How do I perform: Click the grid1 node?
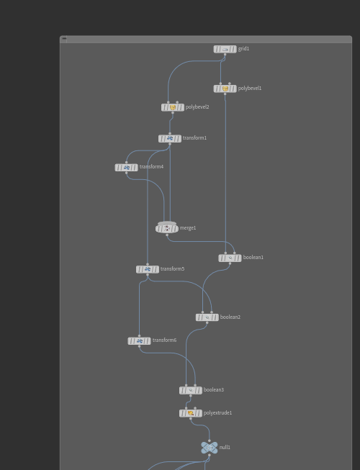coord(225,49)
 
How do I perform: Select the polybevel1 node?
coord(225,89)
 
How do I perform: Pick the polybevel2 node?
coord(173,107)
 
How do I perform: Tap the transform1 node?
coord(170,138)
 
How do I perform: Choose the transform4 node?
coord(126,168)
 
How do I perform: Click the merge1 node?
coord(167,228)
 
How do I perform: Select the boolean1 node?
coord(230,258)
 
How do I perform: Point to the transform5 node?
coord(148,269)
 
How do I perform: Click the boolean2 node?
coord(207,317)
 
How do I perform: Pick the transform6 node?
coord(140,341)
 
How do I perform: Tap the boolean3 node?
coord(191,391)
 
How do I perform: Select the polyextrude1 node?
coord(191,414)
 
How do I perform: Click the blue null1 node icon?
coord(210,448)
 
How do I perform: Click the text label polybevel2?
coord(197,107)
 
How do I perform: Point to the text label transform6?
coord(164,340)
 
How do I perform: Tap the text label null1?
coord(225,447)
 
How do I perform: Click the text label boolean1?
coord(253,258)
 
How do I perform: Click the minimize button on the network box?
coord(64,38)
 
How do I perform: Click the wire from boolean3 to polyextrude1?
coord(189,402)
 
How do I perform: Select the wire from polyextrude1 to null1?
coord(202,425)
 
